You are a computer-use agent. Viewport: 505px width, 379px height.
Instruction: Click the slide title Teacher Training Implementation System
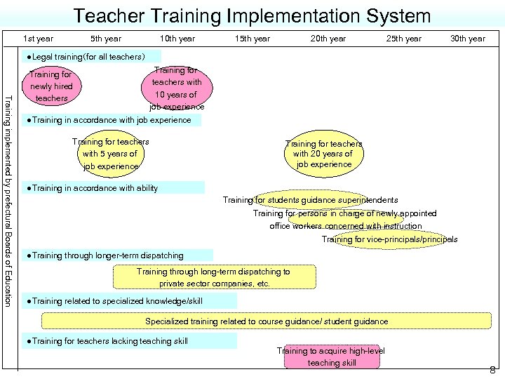point(252,15)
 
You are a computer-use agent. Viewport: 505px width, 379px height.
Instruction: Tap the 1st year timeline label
point(38,39)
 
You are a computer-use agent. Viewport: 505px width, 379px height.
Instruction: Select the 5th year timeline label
point(106,39)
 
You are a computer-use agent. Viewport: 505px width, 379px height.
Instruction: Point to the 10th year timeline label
point(177,39)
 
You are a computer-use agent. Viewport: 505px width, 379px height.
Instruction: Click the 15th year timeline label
point(252,39)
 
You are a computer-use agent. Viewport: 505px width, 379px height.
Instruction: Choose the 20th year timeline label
point(328,39)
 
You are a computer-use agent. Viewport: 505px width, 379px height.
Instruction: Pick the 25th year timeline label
point(404,39)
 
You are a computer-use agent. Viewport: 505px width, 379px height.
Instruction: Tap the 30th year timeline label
point(468,39)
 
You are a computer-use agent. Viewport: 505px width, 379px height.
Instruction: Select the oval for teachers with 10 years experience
point(177,88)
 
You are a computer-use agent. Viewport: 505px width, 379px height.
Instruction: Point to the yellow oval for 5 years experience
point(111,154)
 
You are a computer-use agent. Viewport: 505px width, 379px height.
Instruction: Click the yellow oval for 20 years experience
point(323,154)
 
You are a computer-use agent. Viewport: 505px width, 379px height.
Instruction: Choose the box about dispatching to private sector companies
point(214,277)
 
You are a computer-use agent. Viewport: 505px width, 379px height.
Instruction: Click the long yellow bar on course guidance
point(267,321)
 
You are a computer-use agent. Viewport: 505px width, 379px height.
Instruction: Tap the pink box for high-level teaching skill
point(331,357)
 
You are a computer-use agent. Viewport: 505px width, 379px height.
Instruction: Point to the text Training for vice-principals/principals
point(389,239)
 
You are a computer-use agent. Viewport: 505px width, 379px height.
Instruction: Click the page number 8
point(493,370)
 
